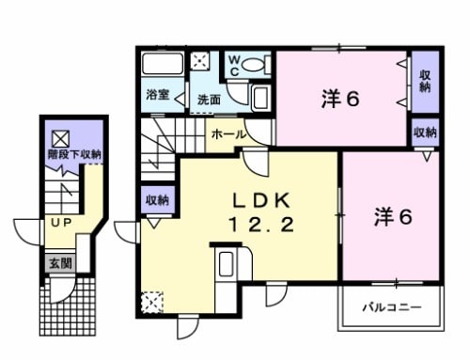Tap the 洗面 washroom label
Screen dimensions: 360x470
point(209,98)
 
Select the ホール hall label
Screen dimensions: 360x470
point(229,134)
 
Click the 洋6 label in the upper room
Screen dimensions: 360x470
point(341,97)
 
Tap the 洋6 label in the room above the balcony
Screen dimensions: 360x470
point(393,216)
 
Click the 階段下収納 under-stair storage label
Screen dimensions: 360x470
point(75,154)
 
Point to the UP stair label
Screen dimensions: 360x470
point(62,222)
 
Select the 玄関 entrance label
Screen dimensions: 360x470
point(59,263)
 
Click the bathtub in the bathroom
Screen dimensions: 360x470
point(164,67)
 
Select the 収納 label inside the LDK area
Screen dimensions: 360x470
point(156,199)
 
